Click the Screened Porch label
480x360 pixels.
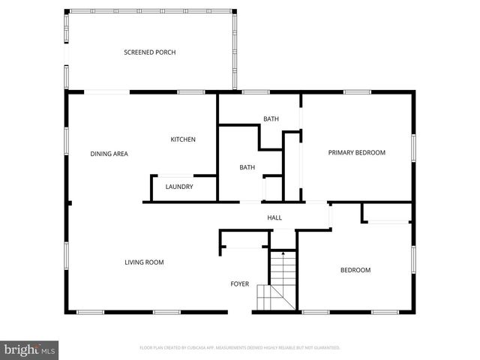149,52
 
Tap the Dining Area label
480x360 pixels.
109,154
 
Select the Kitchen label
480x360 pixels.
183,139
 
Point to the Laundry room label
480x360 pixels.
179,187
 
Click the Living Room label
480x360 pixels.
144,262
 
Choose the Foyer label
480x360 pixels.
239,284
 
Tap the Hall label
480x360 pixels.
274,218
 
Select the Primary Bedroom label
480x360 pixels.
356,153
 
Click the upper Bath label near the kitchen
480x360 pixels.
271,119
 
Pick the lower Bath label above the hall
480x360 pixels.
247,168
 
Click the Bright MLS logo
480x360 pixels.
30,349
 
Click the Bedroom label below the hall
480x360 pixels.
355,270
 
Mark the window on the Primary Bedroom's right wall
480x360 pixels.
412,147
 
